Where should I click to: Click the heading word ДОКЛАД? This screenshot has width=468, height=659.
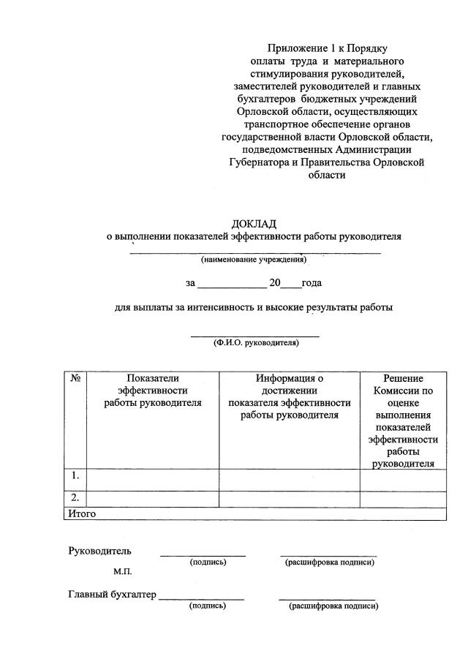pyautogui.click(x=254, y=223)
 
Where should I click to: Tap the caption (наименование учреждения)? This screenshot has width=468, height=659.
pyautogui.click(x=254, y=260)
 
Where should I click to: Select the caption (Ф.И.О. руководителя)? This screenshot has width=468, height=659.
pyautogui.click(x=256, y=342)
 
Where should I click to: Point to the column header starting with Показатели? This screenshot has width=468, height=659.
pyautogui.click(x=152, y=390)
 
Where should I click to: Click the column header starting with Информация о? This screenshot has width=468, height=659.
pyautogui.click(x=289, y=396)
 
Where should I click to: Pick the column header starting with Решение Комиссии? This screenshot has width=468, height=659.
pyautogui.click(x=403, y=421)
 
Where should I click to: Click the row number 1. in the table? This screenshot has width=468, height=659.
pyautogui.click(x=75, y=476)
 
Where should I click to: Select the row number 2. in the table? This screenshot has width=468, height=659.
pyautogui.click(x=75, y=497)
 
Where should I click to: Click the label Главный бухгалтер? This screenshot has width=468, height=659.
pyautogui.click(x=112, y=594)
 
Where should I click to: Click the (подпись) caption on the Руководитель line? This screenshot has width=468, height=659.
pyautogui.click(x=208, y=562)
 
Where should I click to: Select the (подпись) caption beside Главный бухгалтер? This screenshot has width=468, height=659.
pyautogui.click(x=207, y=606)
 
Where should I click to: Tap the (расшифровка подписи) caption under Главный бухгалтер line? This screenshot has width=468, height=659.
pyautogui.click(x=333, y=606)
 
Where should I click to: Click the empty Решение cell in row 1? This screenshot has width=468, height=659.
pyautogui.click(x=403, y=479)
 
